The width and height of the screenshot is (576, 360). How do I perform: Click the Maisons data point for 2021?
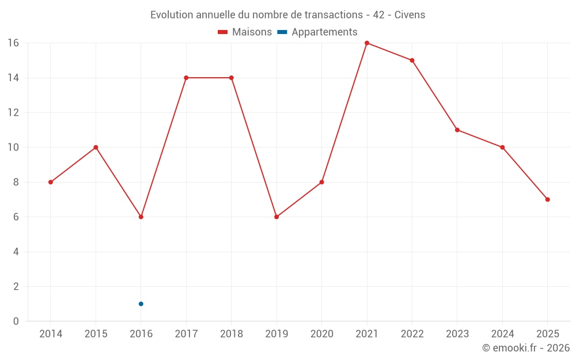(367, 43)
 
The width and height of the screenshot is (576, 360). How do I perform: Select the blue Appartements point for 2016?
(141, 304)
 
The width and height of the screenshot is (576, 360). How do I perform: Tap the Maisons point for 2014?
(51, 182)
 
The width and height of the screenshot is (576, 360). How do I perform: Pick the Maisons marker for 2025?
(548, 200)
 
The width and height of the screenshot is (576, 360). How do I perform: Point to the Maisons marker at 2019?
(276, 217)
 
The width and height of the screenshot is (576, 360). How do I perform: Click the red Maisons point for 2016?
(141, 217)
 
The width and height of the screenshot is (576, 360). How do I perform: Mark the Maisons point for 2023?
(457, 130)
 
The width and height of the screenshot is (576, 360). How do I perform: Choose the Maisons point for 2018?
(232, 78)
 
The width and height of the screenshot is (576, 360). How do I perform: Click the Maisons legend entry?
(245, 32)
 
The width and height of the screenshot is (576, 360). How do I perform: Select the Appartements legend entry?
(317, 32)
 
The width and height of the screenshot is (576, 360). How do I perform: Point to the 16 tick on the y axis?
(13, 43)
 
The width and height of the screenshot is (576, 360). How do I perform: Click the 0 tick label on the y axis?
(16, 321)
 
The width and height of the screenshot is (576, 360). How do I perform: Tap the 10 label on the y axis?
(13, 147)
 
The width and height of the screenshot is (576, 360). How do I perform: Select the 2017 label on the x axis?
(186, 334)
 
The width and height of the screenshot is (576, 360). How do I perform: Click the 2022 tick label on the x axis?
(412, 334)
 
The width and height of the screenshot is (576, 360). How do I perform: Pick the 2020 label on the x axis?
(322, 334)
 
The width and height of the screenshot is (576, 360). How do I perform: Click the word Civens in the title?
(410, 15)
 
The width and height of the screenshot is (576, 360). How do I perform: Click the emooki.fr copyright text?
(526, 348)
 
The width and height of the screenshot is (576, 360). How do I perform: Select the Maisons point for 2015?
(96, 147)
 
